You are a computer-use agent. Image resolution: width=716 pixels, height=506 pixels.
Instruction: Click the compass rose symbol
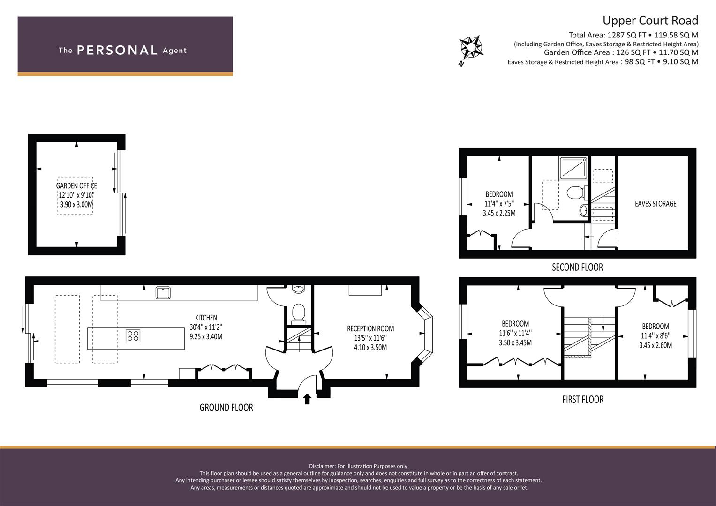[471, 48]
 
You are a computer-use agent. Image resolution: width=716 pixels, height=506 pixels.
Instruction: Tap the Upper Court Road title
[650, 21]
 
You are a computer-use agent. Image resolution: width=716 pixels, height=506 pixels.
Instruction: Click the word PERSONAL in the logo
[117, 50]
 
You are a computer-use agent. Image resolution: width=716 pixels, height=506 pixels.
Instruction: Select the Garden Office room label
[76, 186]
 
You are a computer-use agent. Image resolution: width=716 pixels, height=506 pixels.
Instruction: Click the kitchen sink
[163, 293]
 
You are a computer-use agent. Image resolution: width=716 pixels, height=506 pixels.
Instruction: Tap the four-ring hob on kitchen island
[133, 336]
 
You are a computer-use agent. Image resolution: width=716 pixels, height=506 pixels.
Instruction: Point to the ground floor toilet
[299, 313]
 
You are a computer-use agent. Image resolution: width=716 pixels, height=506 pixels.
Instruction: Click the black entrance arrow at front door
[307, 399]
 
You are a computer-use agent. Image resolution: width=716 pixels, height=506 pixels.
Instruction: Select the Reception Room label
[370, 328]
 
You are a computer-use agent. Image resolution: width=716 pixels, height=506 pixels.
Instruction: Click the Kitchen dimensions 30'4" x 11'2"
[206, 327]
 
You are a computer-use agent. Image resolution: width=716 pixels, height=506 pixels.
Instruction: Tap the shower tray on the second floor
[573, 168]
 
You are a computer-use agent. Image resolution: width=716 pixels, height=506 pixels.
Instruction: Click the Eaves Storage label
[656, 204]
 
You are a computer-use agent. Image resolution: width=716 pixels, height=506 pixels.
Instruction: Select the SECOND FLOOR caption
[577, 268]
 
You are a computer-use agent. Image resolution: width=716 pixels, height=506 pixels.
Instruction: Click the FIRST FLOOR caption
[583, 400]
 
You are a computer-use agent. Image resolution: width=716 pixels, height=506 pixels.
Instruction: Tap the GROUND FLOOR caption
[226, 408]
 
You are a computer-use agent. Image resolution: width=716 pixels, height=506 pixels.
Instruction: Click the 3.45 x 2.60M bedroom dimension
[656, 345]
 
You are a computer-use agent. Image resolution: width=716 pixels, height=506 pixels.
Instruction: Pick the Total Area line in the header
[633, 35]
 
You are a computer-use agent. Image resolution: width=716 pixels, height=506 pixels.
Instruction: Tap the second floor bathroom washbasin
[584, 210]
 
